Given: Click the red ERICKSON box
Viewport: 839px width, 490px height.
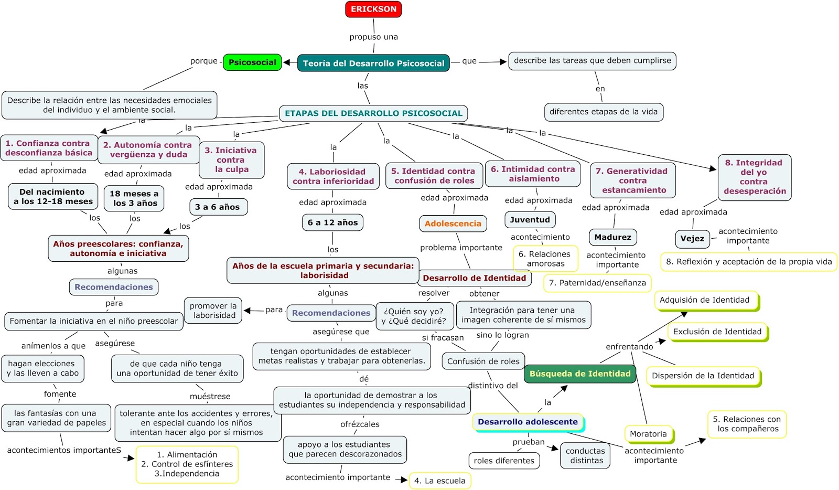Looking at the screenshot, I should [x=373, y=9].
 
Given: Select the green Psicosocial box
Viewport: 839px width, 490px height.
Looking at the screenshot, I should [x=252, y=62].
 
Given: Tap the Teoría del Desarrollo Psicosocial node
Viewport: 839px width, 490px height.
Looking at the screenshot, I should [x=373, y=63].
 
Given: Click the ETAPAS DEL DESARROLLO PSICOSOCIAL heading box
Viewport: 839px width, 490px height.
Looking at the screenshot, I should [x=373, y=113].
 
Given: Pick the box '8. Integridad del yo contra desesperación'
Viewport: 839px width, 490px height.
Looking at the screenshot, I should [x=754, y=177].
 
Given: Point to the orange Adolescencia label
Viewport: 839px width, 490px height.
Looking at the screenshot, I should [x=453, y=223].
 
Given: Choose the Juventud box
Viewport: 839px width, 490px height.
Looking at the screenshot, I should [x=530, y=220].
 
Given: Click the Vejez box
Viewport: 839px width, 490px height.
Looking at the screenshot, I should [x=692, y=239].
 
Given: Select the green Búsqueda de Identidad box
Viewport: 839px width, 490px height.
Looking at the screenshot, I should [x=579, y=374].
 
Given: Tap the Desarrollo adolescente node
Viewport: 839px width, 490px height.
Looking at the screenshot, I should [x=528, y=422].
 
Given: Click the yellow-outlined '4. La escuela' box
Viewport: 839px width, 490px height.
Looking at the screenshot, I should [x=439, y=481].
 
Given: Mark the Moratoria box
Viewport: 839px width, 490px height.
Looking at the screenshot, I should [x=648, y=434].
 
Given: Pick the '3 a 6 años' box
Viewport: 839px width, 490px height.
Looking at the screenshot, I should [x=217, y=207].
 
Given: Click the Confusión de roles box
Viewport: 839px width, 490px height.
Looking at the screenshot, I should [x=483, y=361].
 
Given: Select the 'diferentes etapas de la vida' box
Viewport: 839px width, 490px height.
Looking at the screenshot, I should [x=603, y=112].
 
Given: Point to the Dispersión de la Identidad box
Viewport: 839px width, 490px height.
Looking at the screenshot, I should [x=703, y=376].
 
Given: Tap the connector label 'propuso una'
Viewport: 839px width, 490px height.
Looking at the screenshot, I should [x=373, y=37].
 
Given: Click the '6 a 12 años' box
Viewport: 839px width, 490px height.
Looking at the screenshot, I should [x=332, y=222].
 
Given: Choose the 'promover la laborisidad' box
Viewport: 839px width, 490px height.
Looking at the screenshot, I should [x=213, y=311].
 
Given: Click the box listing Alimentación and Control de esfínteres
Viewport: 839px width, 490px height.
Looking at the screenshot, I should [x=187, y=464].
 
